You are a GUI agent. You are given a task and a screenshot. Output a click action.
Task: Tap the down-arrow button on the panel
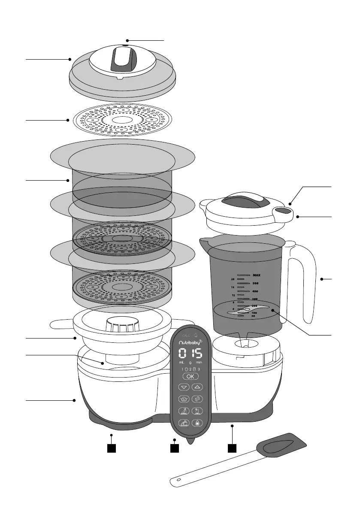coord(185,387)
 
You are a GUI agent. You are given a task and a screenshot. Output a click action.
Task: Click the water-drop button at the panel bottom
coord(198,422)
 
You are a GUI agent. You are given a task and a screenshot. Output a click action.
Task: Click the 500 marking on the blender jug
coord(255,284)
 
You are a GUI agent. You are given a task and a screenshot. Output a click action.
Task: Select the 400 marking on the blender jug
coord(255,291)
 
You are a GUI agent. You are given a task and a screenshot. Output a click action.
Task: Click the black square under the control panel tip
coord(174,449)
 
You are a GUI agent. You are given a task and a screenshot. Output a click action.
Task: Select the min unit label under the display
coord(199,363)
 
